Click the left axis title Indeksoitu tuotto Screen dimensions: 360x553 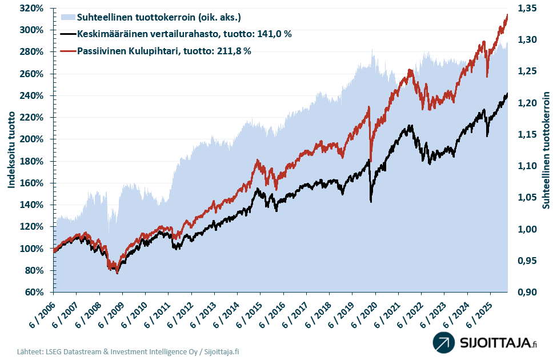[11, 150]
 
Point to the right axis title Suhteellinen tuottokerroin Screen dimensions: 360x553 [546, 150]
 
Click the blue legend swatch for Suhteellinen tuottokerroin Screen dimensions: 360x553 [67, 17]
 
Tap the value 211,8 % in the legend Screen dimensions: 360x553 [233, 51]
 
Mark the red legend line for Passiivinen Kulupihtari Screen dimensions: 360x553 [67, 51]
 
